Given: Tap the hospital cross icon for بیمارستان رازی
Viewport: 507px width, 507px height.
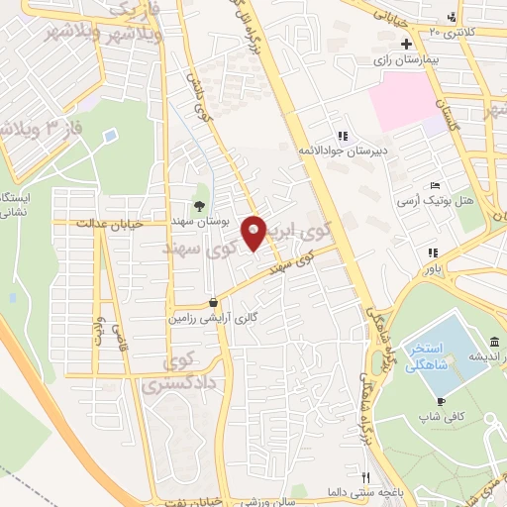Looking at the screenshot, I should (407, 45).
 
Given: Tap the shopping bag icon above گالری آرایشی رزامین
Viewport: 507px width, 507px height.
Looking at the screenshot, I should (213, 301).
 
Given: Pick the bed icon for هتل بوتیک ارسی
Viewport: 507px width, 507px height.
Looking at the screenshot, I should (435, 185).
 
